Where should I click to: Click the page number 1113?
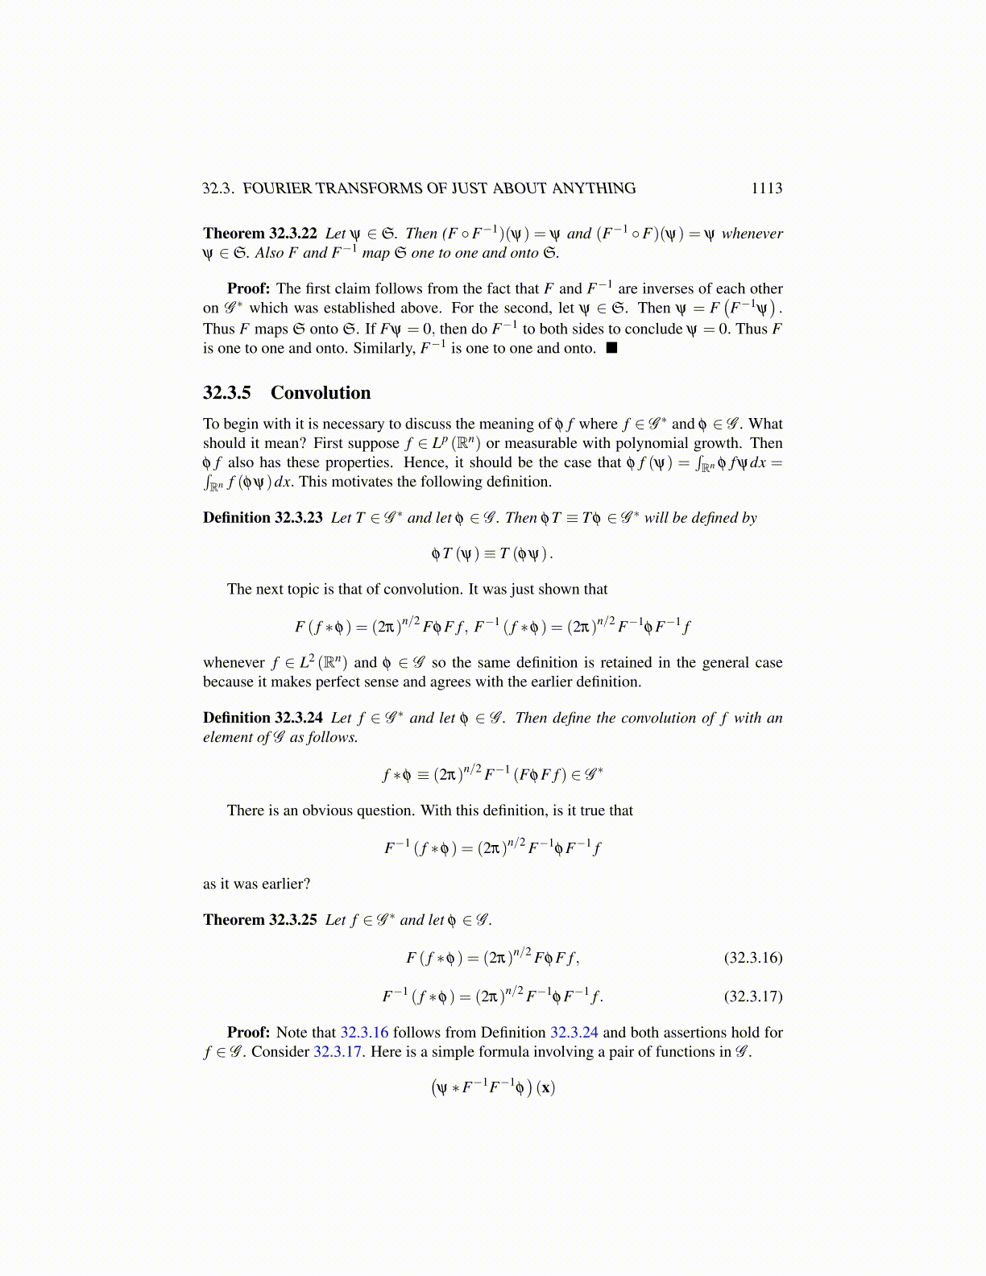[766, 188]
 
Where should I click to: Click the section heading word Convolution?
[321, 393]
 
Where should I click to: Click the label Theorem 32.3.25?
[259, 920]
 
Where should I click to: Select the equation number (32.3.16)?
[753, 958]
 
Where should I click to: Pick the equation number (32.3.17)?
[753, 996]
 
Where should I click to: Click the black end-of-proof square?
[611, 348]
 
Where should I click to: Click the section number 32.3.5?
[226, 393]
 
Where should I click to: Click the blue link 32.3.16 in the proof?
[364, 1033]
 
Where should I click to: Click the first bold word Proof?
[248, 289]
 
